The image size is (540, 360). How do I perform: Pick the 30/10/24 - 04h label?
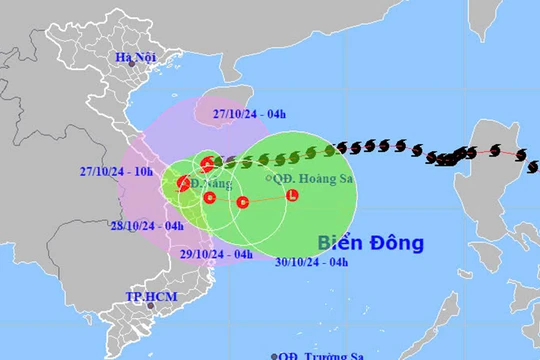coord(312,262)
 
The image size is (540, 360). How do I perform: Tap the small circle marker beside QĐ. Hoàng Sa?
coord(271,178)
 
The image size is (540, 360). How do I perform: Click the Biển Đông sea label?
coord(371,242)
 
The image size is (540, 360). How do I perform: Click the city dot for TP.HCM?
coord(151,306)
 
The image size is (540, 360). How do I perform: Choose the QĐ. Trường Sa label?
coord(322,354)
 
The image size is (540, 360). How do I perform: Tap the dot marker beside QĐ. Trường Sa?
coord(274,355)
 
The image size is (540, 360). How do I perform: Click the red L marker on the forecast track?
coord(291,195)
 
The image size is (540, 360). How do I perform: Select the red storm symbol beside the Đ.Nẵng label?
coord(185,183)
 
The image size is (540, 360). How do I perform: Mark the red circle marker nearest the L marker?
coord(243,203)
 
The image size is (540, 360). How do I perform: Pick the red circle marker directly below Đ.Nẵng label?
coord(209,197)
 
